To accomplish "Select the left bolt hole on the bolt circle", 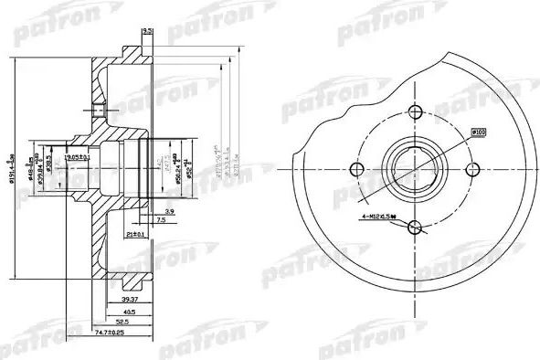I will tap(357, 168).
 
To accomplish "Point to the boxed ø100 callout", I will tap(480, 133).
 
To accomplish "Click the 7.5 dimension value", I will tap(160, 220).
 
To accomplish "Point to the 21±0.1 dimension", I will tap(136, 234).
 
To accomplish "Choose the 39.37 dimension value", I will tap(130, 299).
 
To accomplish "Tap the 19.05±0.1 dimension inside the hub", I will tap(83, 157).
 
